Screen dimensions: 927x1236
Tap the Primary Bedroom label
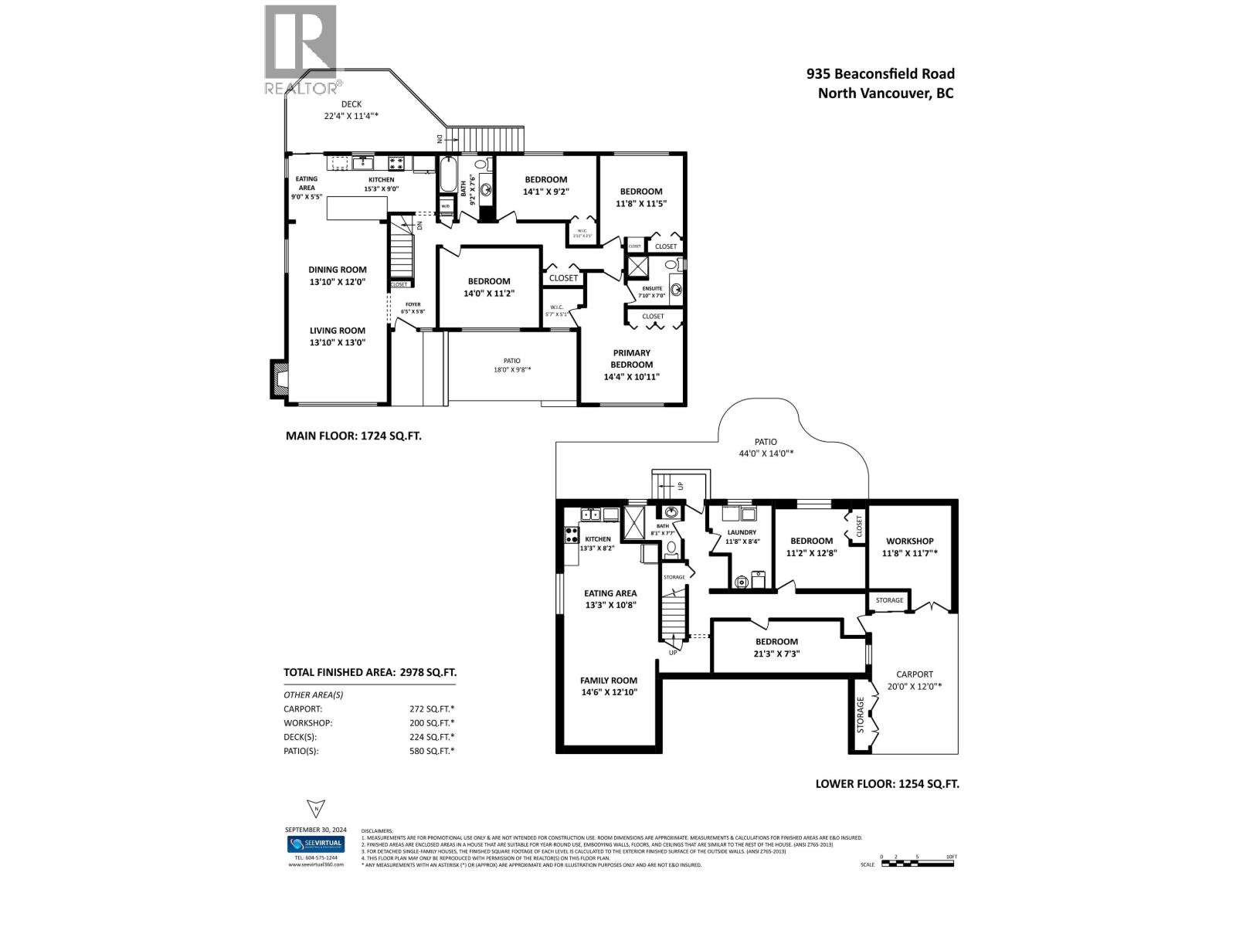click(x=631, y=358)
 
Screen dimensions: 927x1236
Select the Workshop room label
click(x=909, y=541)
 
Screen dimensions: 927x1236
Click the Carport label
click(x=914, y=674)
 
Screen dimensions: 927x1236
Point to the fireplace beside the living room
click(x=279, y=379)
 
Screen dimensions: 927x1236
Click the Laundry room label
click(x=741, y=532)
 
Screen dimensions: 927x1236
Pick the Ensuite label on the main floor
click(x=652, y=289)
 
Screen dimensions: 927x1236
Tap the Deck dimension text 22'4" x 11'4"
click(x=351, y=116)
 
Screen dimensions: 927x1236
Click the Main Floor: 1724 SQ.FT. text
click(x=353, y=436)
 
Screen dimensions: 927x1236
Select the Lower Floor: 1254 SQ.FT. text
click(x=887, y=783)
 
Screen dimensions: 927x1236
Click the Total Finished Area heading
click(x=368, y=672)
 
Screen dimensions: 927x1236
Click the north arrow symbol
click(x=315, y=809)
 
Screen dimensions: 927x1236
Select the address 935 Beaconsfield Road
click(x=880, y=74)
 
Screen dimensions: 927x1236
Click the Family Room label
click(x=609, y=681)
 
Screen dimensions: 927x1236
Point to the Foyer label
click(x=413, y=304)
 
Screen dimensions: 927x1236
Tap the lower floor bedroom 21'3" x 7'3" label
click(x=776, y=641)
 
